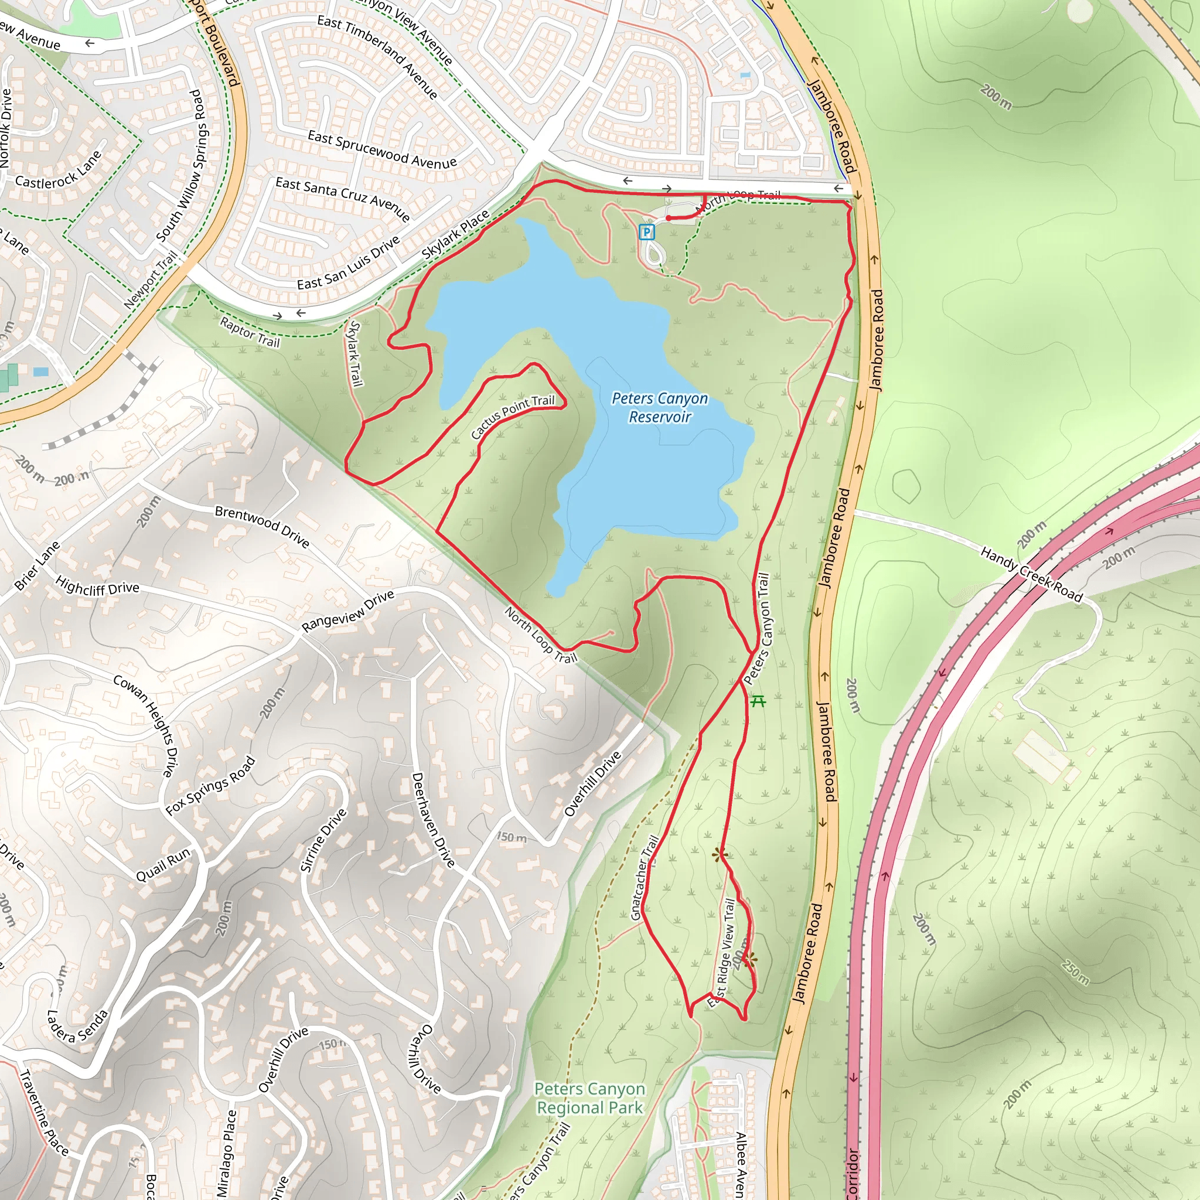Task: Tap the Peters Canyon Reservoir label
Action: tap(660, 407)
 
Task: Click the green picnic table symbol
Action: tap(758, 701)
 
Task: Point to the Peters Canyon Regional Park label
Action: tap(589, 1098)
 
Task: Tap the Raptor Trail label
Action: tap(250, 332)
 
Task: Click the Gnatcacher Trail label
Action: tap(644, 878)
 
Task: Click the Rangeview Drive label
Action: tap(348, 611)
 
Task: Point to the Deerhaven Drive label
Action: tap(434, 819)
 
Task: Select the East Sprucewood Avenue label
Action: tap(382, 149)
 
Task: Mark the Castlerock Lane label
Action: tap(59, 170)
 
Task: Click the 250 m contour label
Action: tap(1075, 972)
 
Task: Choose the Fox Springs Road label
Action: tap(210, 785)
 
